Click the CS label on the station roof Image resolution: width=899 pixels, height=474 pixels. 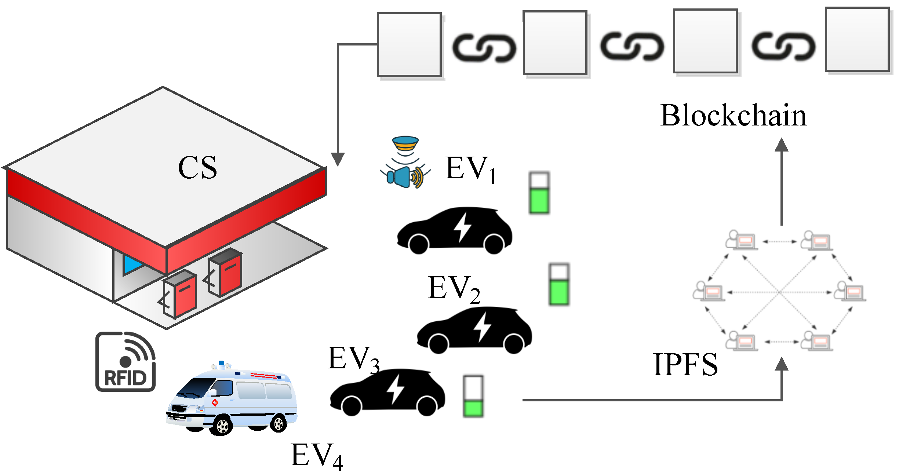click(x=197, y=168)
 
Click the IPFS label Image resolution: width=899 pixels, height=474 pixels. click(x=685, y=365)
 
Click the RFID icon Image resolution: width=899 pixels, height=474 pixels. click(x=125, y=362)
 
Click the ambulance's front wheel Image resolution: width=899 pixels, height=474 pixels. click(x=222, y=426)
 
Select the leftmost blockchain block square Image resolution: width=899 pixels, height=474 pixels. click(x=409, y=44)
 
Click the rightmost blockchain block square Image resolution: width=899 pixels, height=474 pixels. click(x=857, y=39)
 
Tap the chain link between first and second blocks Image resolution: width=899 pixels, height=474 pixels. click(x=484, y=48)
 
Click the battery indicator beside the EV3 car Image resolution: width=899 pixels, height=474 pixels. click(x=473, y=396)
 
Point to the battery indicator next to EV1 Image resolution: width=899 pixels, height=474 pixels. click(x=539, y=193)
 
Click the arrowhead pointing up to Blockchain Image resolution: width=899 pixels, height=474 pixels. click(x=782, y=145)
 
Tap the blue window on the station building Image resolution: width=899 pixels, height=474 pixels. click(x=132, y=263)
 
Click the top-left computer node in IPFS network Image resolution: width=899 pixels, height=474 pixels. click(x=741, y=240)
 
